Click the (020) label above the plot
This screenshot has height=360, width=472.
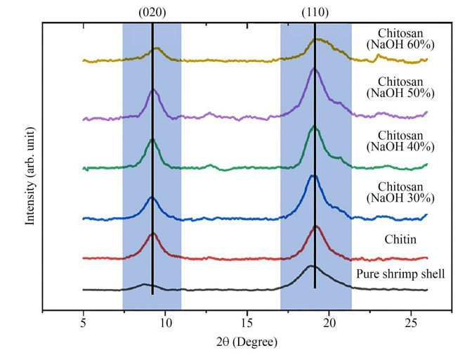152,13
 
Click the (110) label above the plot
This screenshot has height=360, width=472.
315,13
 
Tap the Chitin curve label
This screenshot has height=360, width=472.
398,238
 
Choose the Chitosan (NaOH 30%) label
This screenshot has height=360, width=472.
397,191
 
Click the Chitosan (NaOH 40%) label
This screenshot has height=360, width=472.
397,141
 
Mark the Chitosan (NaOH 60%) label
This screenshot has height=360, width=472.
397,38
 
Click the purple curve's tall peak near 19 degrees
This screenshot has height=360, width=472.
315,69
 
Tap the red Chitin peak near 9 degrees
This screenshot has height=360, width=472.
152,233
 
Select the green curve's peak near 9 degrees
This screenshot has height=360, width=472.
152,140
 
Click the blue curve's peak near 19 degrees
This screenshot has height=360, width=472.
313,176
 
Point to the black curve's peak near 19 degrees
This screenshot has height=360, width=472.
310,266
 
